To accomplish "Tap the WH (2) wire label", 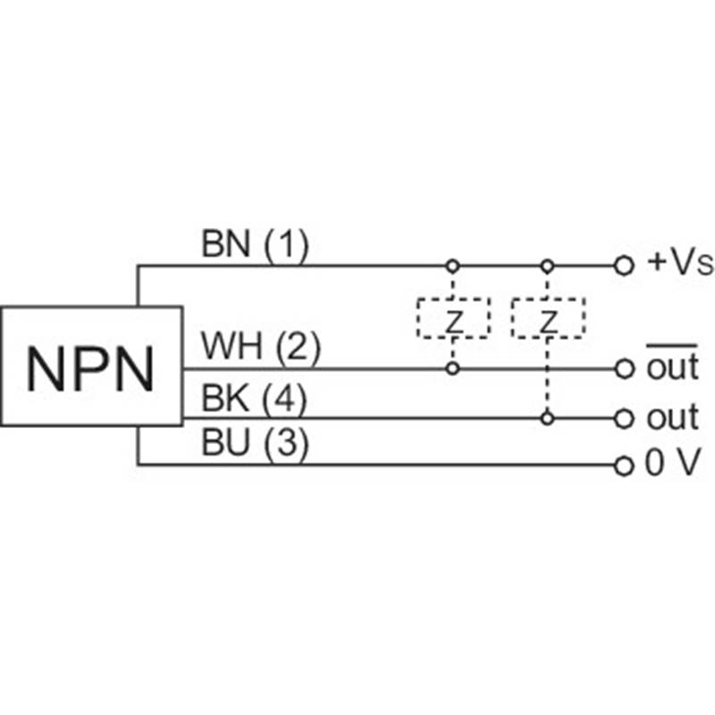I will pyautogui.click(x=260, y=348).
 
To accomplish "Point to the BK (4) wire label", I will pyautogui.click(x=255, y=399).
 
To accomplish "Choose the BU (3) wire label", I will pyautogui.click(x=255, y=446).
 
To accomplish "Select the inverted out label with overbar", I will pyautogui.click(x=671, y=367).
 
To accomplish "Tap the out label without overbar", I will pyautogui.click(x=671, y=417).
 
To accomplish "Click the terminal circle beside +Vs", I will pyautogui.click(x=624, y=265).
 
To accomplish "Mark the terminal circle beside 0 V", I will pyautogui.click(x=624, y=465).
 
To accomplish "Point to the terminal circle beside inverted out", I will pyautogui.click(x=624, y=368).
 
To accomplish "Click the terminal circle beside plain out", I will pyautogui.click(x=624, y=417).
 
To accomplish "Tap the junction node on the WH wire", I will pyautogui.click(x=453, y=368).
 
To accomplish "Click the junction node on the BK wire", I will pyautogui.click(x=548, y=417).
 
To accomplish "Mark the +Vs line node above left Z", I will pyautogui.click(x=453, y=265).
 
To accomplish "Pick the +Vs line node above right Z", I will pyautogui.click(x=548, y=265).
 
